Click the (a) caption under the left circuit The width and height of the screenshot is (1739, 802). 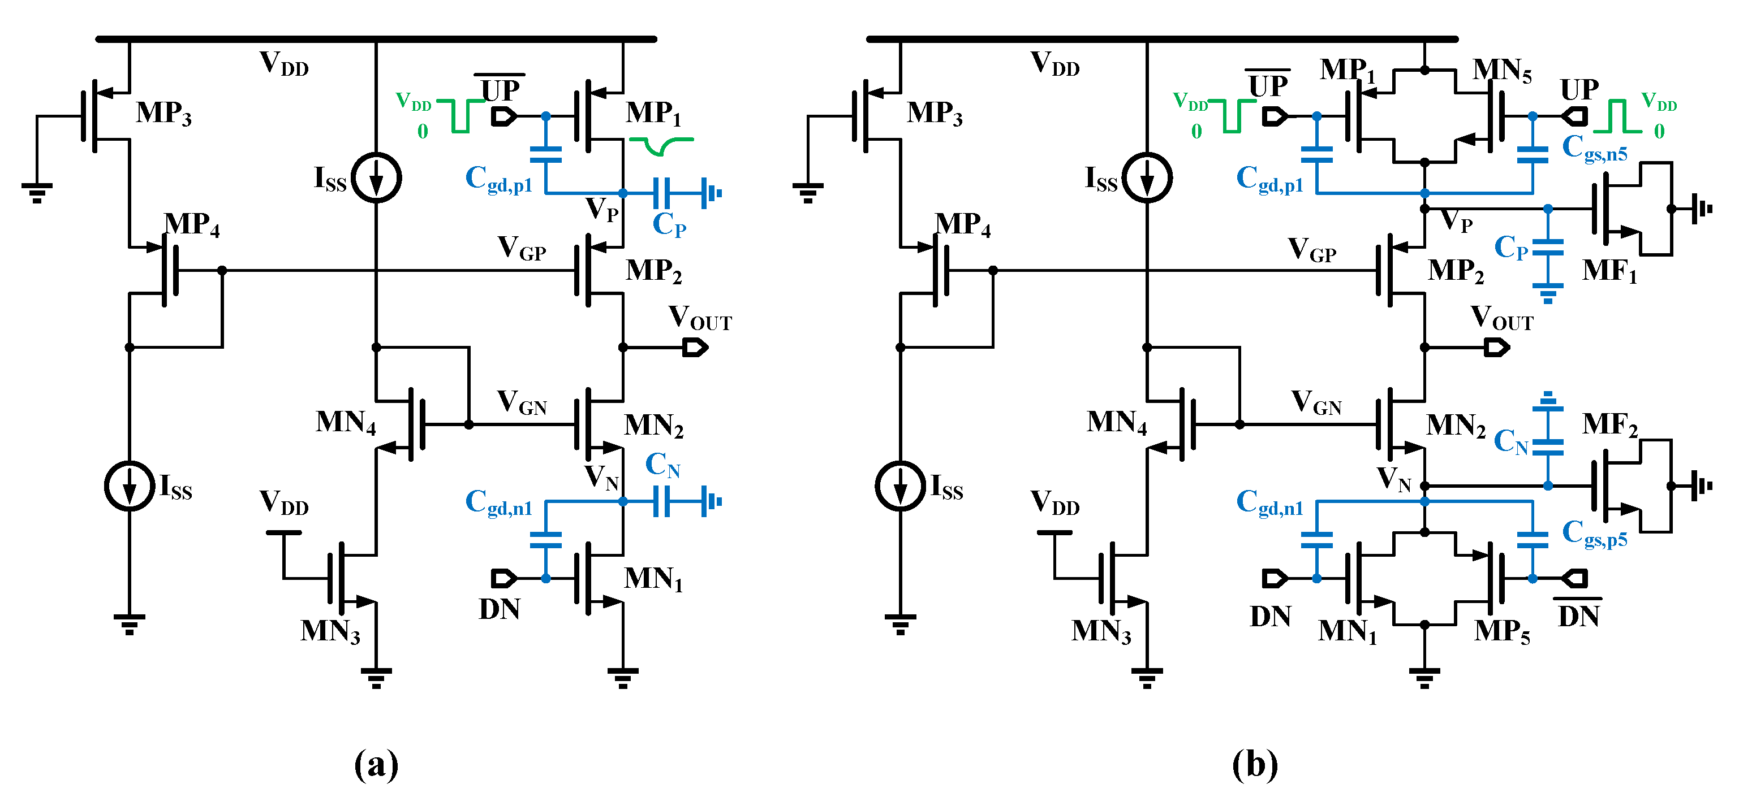tap(376, 764)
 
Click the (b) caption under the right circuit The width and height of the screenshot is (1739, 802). tap(1255, 764)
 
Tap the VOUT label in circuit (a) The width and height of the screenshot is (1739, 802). tap(699, 318)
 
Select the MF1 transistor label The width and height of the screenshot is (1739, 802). tap(1609, 271)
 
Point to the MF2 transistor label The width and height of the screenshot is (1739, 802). tap(1609, 425)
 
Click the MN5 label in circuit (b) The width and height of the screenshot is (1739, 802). tap(1501, 71)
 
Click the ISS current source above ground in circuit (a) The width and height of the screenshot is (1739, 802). tap(130, 485)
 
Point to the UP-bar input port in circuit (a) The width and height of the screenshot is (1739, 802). tap(503, 116)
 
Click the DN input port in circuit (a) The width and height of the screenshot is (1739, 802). tap(503, 578)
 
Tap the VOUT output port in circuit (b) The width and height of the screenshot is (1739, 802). tap(1496, 348)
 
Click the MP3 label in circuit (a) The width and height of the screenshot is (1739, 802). tap(163, 113)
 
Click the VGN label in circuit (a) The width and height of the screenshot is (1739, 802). tap(522, 402)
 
